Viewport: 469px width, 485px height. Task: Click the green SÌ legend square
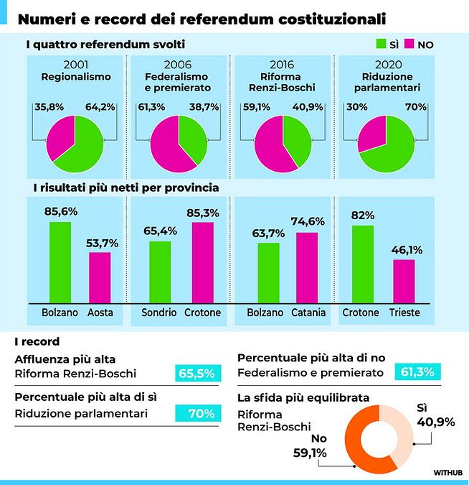(381, 45)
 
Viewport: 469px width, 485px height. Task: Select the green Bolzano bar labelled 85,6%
(60, 262)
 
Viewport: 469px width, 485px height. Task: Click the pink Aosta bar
(100, 277)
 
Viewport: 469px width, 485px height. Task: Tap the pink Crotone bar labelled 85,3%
(203, 262)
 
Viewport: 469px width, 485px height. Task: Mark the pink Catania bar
(306, 267)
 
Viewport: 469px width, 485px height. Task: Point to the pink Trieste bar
(404, 281)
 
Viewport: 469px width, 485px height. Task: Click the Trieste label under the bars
(404, 313)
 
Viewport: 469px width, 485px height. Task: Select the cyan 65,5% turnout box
(196, 373)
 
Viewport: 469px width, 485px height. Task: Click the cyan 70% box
(196, 413)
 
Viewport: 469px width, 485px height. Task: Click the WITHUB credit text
(447, 472)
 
